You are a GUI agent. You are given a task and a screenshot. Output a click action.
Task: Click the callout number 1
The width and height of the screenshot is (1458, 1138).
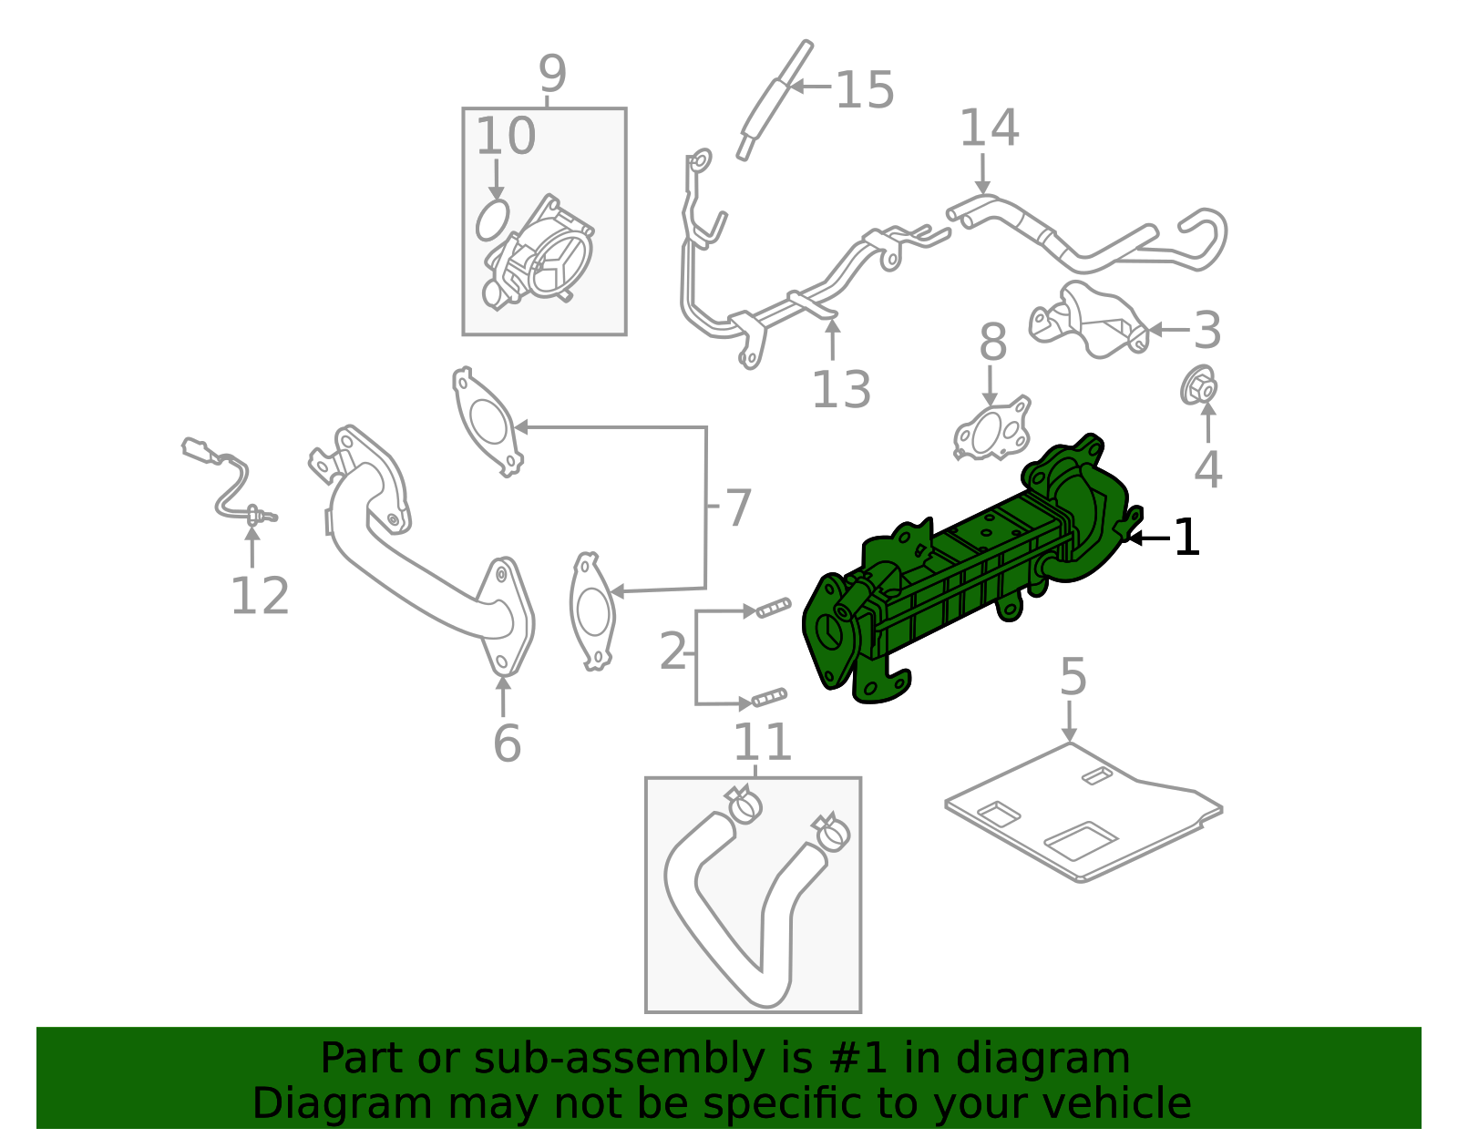click(1186, 538)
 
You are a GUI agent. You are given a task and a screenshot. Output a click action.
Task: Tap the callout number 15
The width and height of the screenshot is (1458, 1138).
click(865, 90)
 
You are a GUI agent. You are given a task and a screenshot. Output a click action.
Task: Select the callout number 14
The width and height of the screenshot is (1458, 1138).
click(989, 128)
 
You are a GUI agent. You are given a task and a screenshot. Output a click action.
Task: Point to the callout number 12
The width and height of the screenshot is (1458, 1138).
click(260, 597)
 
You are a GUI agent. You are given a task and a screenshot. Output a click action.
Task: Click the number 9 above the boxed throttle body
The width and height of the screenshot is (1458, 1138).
click(552, 75)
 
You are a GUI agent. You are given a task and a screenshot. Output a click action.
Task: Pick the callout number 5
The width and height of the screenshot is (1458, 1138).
click(1073, 678)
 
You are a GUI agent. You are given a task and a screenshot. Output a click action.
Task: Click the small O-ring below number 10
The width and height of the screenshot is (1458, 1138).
click(493, 220)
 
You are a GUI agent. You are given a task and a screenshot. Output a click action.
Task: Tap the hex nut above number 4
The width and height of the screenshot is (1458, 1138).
click(1200, 386)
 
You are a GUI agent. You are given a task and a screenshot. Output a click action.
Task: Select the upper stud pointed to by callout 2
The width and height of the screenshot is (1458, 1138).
click(773, 608)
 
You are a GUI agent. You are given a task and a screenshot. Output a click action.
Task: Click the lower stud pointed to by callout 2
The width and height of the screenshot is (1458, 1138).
click(769, 699)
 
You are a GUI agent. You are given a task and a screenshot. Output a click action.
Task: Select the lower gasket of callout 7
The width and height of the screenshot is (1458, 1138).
click(592, 610)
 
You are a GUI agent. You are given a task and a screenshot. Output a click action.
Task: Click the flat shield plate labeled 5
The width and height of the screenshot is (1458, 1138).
click(1084, 811)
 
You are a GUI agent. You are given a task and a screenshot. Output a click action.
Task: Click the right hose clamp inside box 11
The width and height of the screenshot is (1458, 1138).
click(832, 832)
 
